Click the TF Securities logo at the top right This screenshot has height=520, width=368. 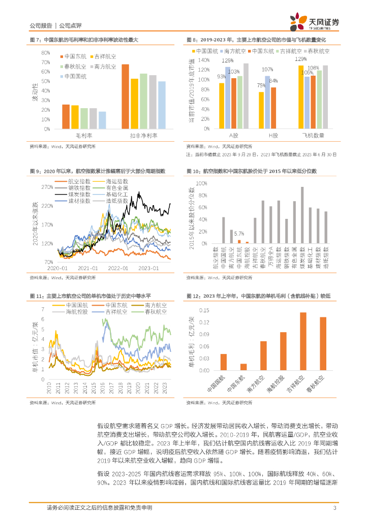315,22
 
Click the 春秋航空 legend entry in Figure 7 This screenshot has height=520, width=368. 73,67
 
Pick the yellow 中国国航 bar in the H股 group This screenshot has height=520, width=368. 261,110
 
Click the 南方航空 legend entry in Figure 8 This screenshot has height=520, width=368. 235,51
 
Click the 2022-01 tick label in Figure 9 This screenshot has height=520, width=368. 118,268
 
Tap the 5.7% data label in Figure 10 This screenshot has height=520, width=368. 239,234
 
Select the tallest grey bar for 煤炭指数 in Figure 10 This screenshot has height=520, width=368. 302,215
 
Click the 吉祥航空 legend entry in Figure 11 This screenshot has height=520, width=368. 114,312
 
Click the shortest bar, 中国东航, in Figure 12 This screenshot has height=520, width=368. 243,367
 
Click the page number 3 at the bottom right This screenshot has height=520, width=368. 334,508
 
